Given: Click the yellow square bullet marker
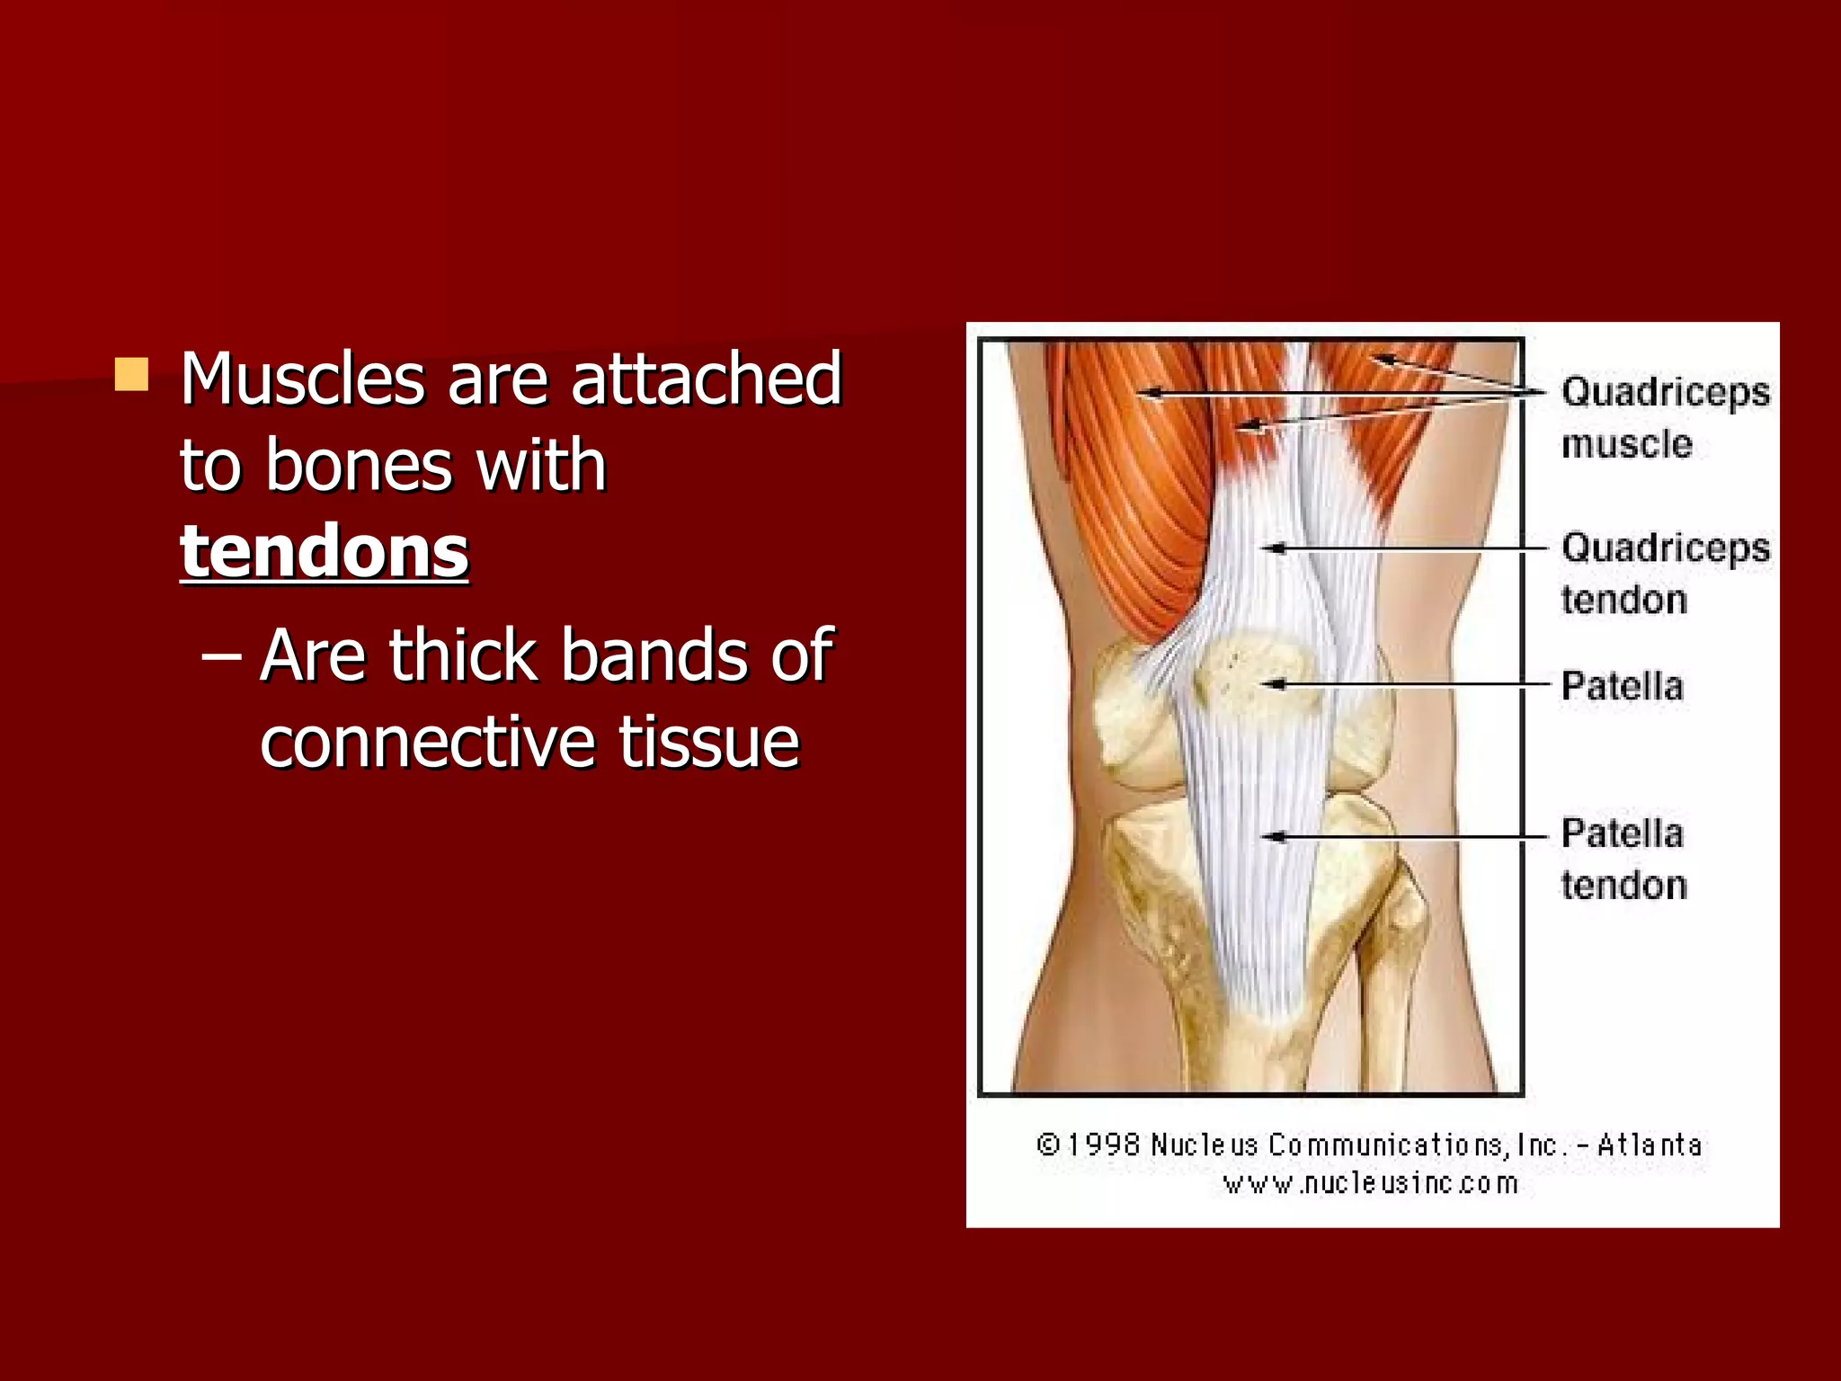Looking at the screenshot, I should point(131,375).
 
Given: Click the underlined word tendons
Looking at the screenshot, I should point(325,551).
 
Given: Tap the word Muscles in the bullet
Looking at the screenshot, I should point(302,379).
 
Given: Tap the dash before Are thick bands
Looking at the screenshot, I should point(220,657).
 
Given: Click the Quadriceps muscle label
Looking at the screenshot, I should point(1665,417).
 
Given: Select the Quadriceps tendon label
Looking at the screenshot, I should point(1665,573).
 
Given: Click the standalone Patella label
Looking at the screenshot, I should point(1622,686).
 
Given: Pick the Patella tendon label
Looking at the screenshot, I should point(1623,859).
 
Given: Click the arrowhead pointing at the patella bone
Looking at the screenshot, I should point(1271,685).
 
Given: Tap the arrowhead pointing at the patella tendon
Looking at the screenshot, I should point(1271,837).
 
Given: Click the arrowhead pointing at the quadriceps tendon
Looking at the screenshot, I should point(1271,548).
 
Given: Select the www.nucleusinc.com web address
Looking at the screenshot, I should point(1370,1183).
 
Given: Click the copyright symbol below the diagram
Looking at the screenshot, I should point(1047,1145).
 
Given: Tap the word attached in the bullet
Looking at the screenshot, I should point(706,379).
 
